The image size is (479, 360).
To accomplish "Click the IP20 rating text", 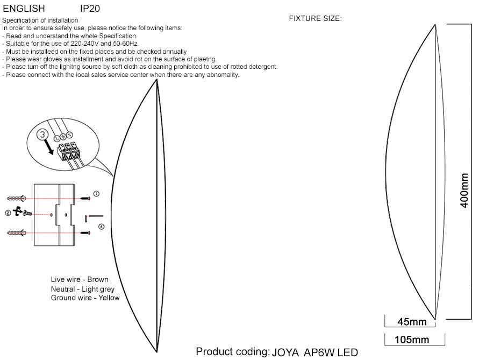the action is [90, 8].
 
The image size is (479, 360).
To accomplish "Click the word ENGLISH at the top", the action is [24, 8].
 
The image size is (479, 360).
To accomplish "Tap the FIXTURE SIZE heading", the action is [315, 18].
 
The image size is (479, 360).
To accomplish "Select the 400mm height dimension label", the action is [464, 190].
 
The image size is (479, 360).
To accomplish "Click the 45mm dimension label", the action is [412, 321].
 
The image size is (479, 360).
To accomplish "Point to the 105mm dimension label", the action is [412, 340].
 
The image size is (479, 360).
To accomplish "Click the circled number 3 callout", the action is [42, 135].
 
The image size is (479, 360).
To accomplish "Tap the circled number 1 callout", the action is [96, 194].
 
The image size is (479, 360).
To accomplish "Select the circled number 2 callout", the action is [8, 213].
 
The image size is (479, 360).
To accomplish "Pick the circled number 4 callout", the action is [101, 227].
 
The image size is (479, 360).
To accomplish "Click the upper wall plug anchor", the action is [16, 199].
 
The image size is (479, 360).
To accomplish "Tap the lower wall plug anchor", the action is [16, 233].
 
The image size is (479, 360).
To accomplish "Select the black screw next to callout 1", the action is [85, 199].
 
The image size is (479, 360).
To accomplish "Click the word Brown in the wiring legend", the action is [98, 279].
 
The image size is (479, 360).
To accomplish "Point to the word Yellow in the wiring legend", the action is [109, 298].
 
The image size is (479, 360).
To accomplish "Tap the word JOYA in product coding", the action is [285, 352].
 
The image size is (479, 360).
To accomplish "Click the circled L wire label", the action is [56, 138].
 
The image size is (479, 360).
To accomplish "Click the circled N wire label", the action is [70, 135].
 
